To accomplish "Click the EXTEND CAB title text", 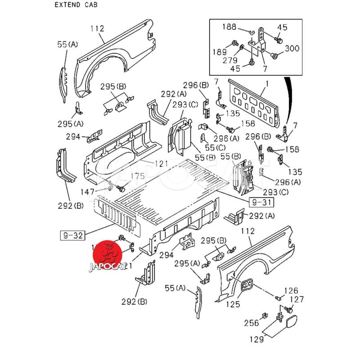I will (76, 5).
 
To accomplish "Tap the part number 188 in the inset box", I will (229, 27).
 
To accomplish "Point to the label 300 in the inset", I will (292, 49).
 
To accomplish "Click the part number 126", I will (291, 290).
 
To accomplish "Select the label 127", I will (296, 299).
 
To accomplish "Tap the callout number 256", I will (251, 323).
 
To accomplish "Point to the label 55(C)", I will (214, 148).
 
